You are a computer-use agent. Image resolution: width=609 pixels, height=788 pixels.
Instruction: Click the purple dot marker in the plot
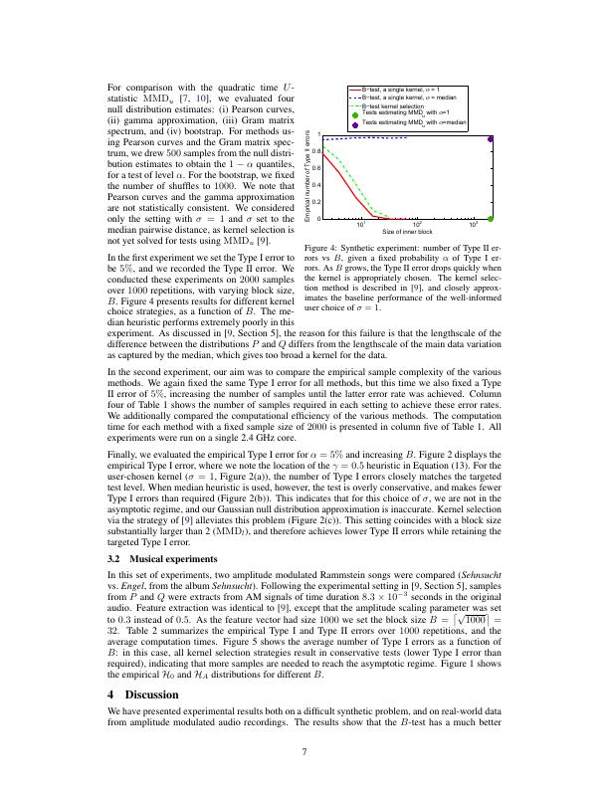[x=492, y=139]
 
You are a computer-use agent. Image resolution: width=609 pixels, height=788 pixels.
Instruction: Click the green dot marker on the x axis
[x=492, y=218]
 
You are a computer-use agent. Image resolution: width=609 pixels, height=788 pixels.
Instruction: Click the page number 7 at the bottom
[x=304, y=751]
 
